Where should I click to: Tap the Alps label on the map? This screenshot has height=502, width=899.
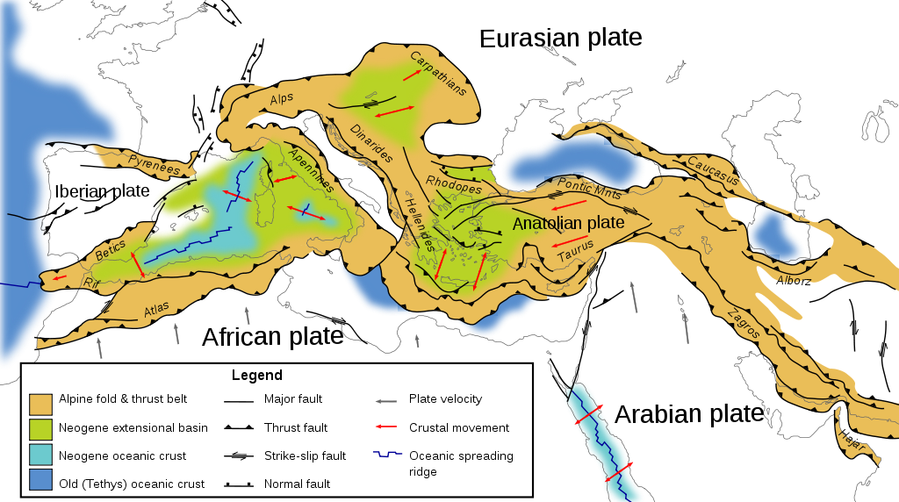click(x=282, y=98)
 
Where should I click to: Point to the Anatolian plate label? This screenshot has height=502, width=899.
click(x=568, y=223)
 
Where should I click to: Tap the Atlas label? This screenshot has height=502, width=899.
click(x=155, y=310)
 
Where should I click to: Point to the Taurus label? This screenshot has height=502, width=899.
click(x=576, y=253)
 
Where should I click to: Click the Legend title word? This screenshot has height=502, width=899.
click(x=256, y=375)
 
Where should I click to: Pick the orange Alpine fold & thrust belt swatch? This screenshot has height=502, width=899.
click(x=40, y=404)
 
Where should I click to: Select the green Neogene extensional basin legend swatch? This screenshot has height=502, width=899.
click(x=40, y=428)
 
